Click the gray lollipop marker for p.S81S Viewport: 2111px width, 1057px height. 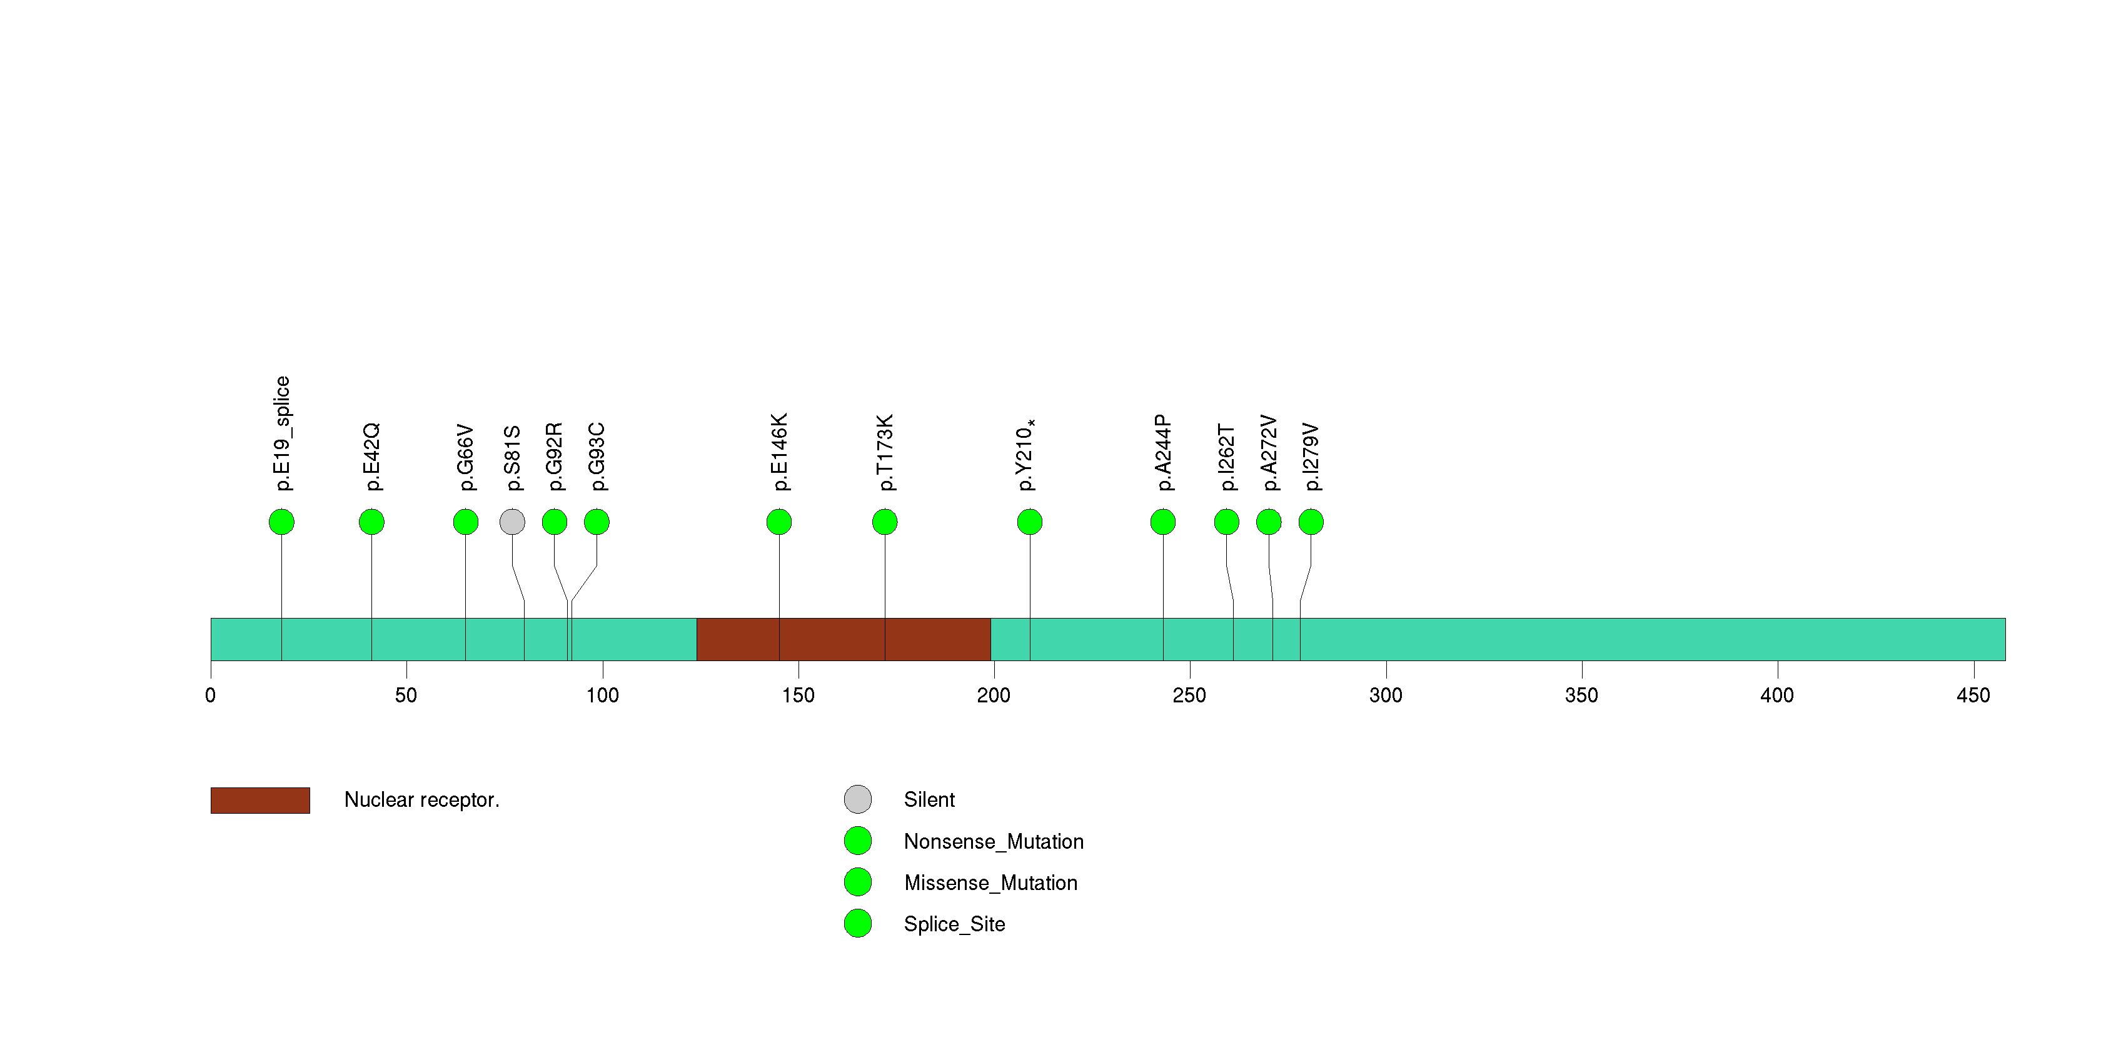[x=512, y=522]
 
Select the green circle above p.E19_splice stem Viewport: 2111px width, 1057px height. [x=281, y=522]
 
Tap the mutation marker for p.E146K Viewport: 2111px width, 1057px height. [x=778, y=522]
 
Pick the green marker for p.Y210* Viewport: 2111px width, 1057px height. [x=1029, y=522]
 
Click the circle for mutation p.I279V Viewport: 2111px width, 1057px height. [x=1311, y=522]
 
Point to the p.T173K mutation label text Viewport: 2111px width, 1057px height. [x=885, y=452]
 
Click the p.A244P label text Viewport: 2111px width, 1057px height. [x=1163, y=453]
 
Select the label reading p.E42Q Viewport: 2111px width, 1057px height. [x=371, y=457]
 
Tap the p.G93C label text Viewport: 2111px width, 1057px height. [x=597, y=457]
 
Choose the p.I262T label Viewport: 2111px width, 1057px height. [x=1226, y=457]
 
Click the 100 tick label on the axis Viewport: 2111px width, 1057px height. [x=602, y=695]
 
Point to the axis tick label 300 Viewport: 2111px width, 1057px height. [x=1386, y=695]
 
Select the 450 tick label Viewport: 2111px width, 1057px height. [x=1973, y=695]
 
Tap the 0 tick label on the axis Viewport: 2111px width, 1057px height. [x=211, y=695]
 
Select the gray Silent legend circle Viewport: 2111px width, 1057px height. [x=857, y=800]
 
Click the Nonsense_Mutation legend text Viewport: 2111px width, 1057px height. [x=993, y=841]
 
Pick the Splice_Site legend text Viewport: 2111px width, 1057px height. [x=954, y=924]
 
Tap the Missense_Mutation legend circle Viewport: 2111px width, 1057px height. [x=857, y=883]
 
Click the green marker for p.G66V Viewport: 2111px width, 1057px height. [x=465, y=522]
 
